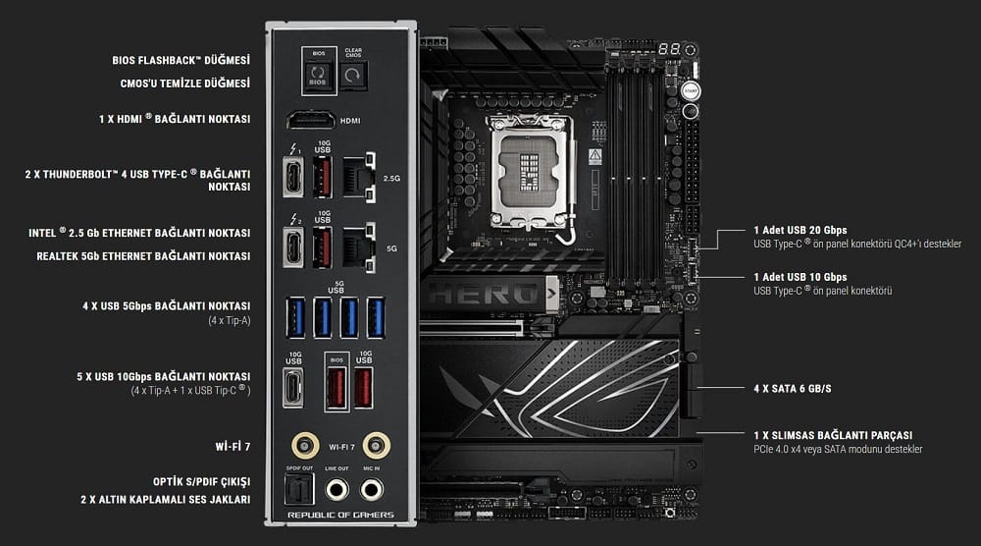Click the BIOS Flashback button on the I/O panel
pos(316,75)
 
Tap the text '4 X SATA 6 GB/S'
pos(793,389)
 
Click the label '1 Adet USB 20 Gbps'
pos(800,229)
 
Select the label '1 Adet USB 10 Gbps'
pos(800,277)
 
